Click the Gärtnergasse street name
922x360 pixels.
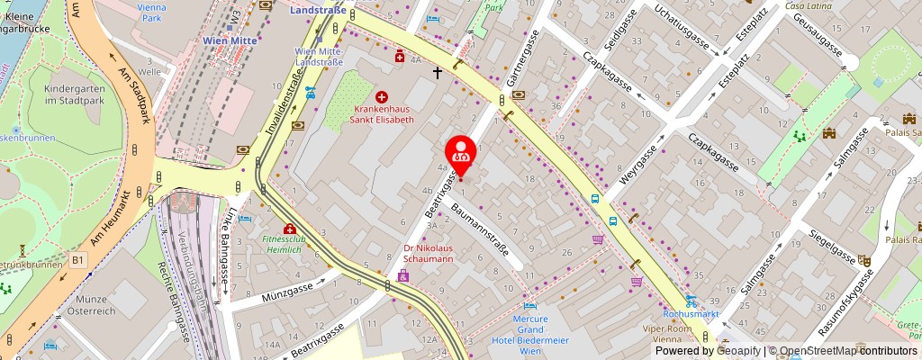click(x=517, y=75)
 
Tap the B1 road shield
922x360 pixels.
click(x=78, y=259)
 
